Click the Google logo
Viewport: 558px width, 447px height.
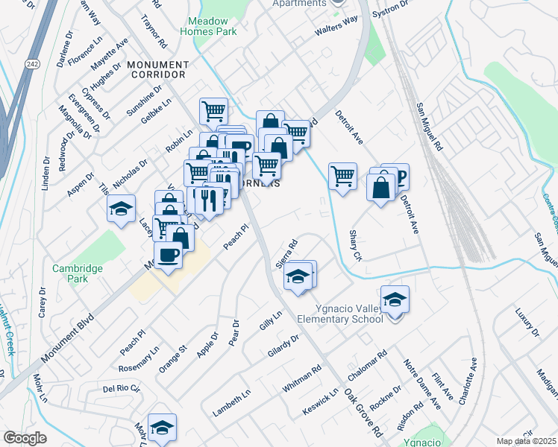(x=25, y=438)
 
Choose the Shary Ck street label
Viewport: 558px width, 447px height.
(x=355, y=245)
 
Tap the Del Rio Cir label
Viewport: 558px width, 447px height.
(x=121, y=389)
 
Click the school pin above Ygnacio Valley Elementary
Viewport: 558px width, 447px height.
(x=395, y=300)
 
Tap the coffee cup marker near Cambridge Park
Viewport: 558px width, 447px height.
(x=169, y=256)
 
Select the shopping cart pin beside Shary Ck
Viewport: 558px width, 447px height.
(x=342, y=177)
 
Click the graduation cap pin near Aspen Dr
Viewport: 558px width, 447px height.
(x=120, y=209)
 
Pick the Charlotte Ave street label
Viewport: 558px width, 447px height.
(x=468, y=379)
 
